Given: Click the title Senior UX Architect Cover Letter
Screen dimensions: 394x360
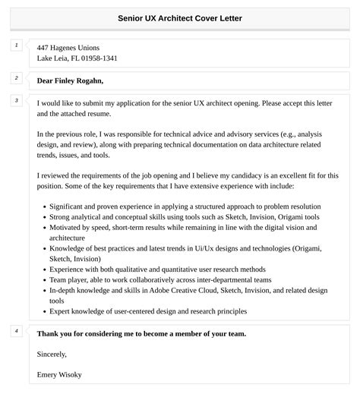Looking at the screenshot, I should (x=180, y=17).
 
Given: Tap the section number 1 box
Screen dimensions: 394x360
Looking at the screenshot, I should (x=16, y=46).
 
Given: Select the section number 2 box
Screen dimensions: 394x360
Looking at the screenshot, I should (x=16, y=77).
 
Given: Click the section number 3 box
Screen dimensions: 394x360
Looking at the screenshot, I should (x=16, y=100).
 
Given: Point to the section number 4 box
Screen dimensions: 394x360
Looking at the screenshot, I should (x=16, y=331).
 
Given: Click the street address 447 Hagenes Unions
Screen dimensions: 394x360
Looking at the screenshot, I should (x=68, y=47).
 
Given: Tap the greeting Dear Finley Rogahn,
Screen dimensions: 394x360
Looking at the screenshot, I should (x=70, y=80).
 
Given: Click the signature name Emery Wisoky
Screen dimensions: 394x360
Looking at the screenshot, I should (x=59, y=374).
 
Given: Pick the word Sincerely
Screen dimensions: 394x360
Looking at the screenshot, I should (x=52, y=354).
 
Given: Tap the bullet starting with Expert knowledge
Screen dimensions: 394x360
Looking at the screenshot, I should (x=147, y=310).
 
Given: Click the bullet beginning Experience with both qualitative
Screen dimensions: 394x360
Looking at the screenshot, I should (x=157, y=268).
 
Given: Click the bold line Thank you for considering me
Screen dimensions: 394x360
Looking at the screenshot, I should (x=141, y=333).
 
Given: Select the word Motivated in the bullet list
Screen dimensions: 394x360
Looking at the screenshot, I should (x=66, y=227).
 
